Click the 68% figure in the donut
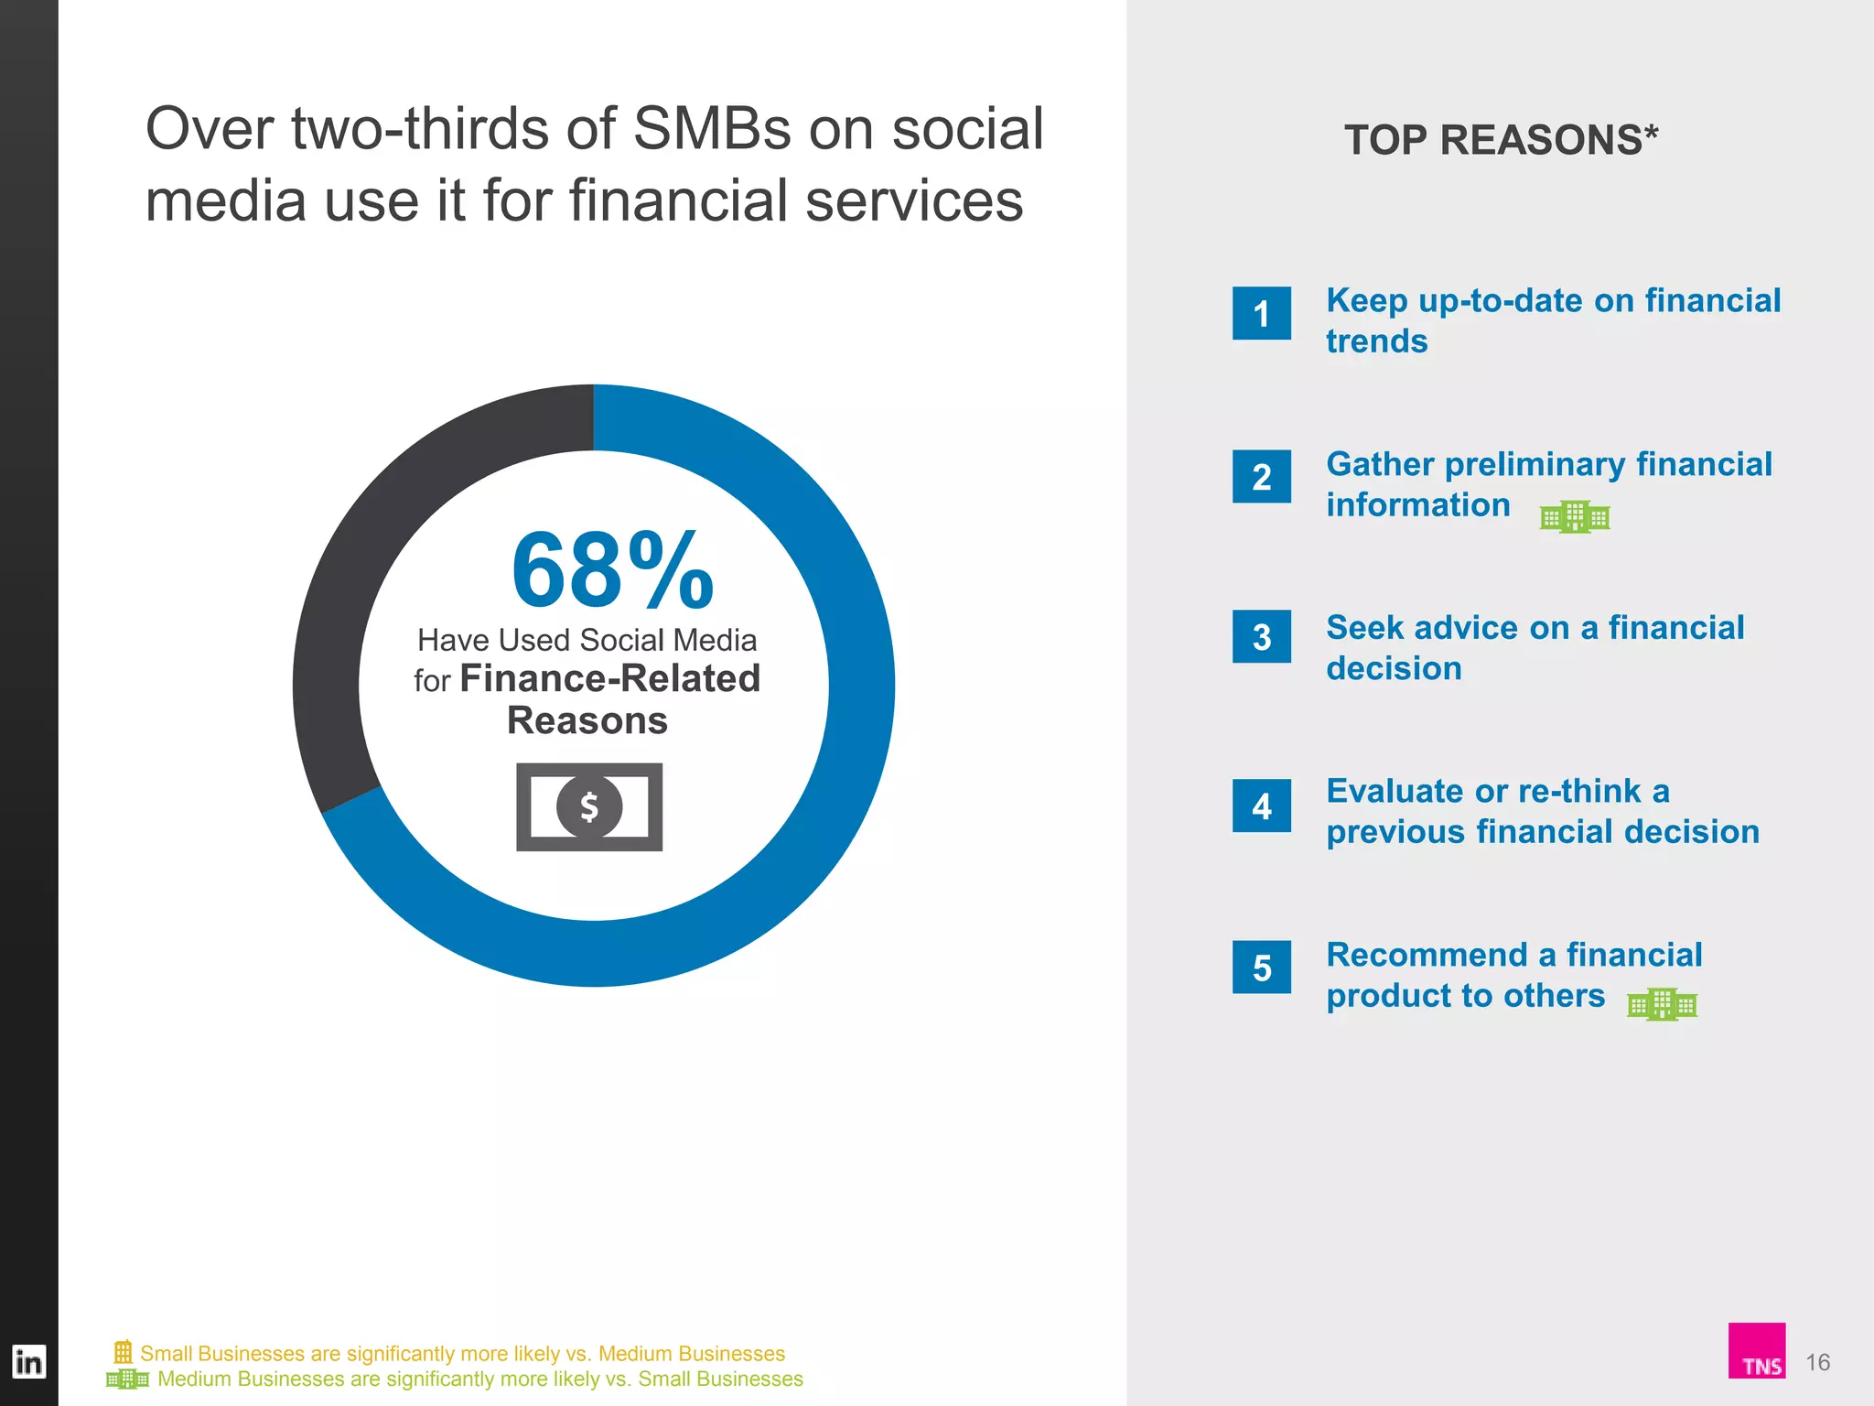[611, 571]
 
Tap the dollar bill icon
[589, 806]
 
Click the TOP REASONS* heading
[1501, 140]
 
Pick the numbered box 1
[1261, 314]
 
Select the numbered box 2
[1261, 477]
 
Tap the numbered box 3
[1261, 637]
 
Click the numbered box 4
[1261, 806]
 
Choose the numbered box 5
[1261, 968]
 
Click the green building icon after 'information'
[1574, 517]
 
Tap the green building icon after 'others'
[1662, 1004]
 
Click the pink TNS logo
[1756, 1349]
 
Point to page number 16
[1817, 1362]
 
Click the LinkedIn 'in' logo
[28, 1362]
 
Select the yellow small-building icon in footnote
[123, 1351]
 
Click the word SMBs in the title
[712, 129]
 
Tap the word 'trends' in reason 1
[1376, 341]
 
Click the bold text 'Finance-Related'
[609, 679]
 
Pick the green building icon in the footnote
[127, 1379]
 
